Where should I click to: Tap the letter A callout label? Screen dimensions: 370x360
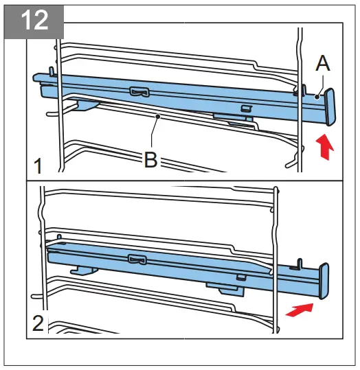[x=323, y=65]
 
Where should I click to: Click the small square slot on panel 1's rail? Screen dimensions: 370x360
[x=245, y=108]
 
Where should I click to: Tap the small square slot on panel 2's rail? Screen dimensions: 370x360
[x=241, y=277]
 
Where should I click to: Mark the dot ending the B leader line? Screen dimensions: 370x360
[x=159, y=117]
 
